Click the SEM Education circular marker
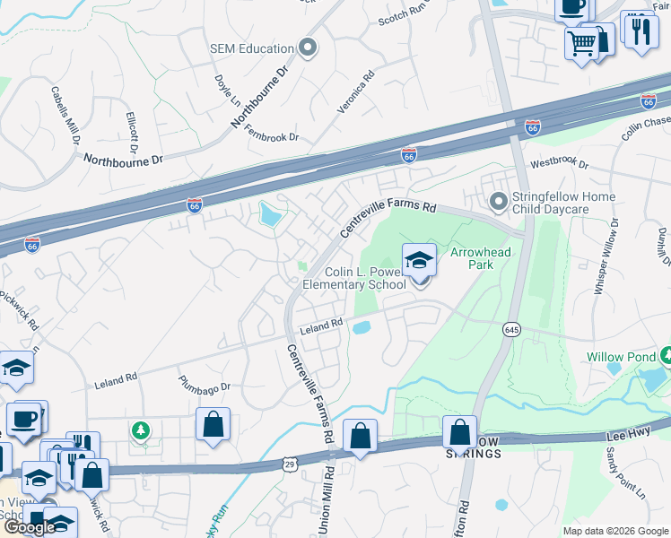click(309, 48)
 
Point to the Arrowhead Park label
click(480, 259)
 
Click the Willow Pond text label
click(617, 357)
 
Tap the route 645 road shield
click(511, 329)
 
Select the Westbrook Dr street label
click(559, 165)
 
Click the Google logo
click(29, 527)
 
